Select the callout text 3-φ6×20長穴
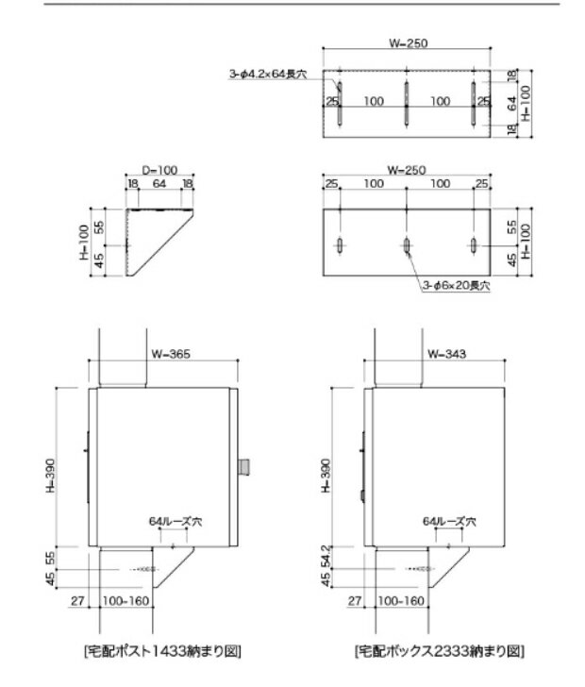point(457,286)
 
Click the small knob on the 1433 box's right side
point(243,465)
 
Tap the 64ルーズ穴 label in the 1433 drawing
point(170,520)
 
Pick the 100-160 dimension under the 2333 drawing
point(402,599)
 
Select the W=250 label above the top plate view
point(406,42)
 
